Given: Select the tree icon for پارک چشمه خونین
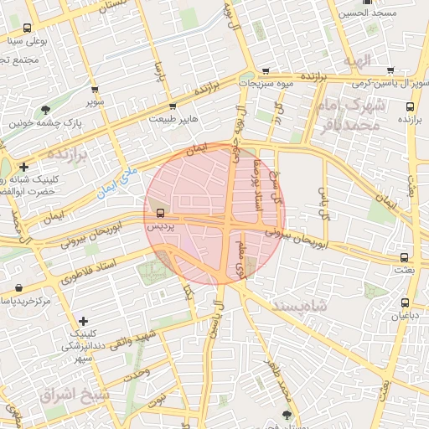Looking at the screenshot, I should tap(45, 109).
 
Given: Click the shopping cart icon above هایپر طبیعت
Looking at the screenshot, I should tap(173, 106).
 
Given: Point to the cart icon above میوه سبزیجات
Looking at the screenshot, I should tap(266, 70).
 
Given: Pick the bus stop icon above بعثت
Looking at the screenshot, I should tap(405, 257).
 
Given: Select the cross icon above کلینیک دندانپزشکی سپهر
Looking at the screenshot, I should tap(82, 321).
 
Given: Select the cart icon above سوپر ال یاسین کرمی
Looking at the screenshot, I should tap(391, 71).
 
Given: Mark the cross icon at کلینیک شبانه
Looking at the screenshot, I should tap(24, 167).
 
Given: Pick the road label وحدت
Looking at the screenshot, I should tap(134, 373).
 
